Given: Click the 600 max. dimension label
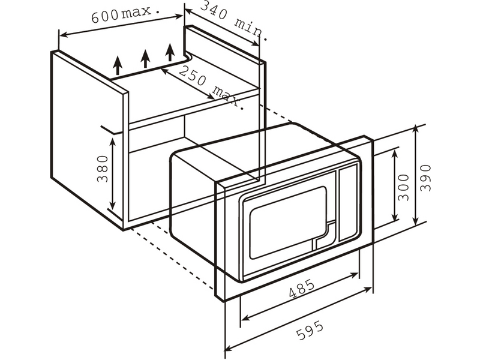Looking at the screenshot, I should pos(126,13).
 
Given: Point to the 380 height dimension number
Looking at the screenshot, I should pos(103,169).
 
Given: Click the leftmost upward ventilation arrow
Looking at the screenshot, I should pos(118,64).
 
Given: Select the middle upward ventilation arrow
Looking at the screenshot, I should pos(145,58).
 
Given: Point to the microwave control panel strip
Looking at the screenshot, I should pos(347,204).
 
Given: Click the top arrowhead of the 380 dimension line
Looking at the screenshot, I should pos(113,140).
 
